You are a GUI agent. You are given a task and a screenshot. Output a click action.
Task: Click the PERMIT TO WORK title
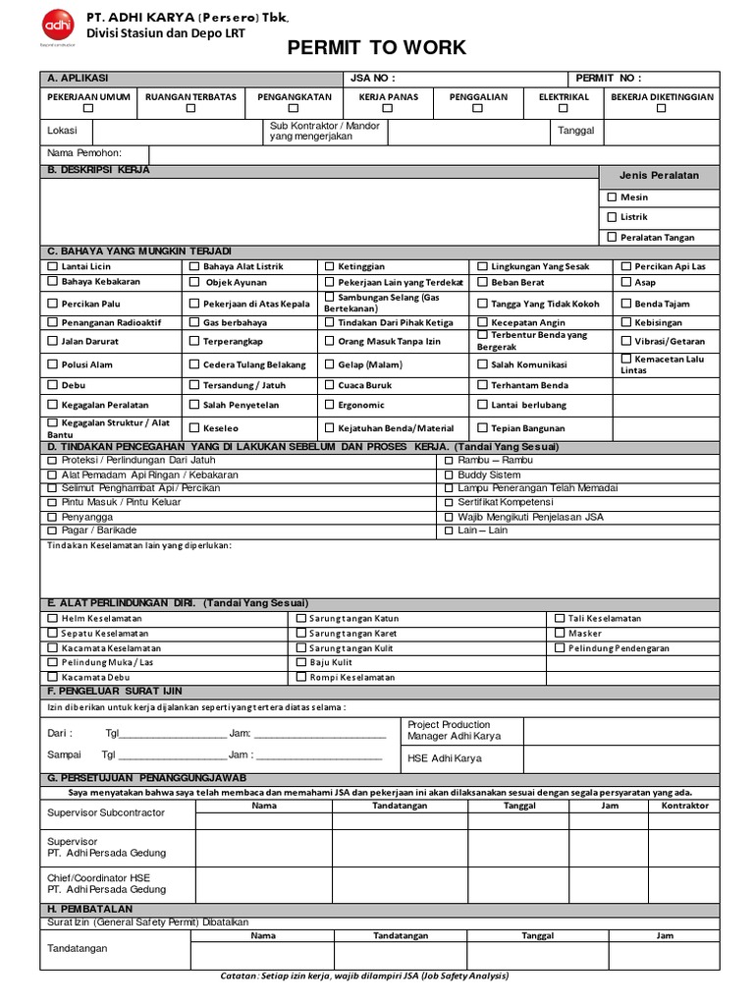[376, 48]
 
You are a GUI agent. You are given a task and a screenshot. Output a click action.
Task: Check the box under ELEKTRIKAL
[564, 110]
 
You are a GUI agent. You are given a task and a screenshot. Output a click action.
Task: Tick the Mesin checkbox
[612, 197]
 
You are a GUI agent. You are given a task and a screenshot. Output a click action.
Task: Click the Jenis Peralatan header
[659, 175]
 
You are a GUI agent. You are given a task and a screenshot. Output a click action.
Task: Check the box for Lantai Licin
[53, 266]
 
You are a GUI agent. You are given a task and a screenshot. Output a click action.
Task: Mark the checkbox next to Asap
[626, 282]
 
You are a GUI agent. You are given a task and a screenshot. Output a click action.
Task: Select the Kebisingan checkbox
[626, 322]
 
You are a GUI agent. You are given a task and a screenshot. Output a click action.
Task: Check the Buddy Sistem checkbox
[449, 475]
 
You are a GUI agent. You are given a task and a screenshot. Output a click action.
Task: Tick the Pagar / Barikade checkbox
[53, 531]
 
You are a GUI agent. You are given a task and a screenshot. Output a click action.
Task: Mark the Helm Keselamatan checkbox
[53, 619]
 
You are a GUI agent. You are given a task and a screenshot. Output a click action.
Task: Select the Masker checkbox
[560, 634]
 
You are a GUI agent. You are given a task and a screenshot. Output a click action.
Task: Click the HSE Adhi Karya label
[444, 758]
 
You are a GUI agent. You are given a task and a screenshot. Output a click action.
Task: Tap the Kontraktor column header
[684, 806]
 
